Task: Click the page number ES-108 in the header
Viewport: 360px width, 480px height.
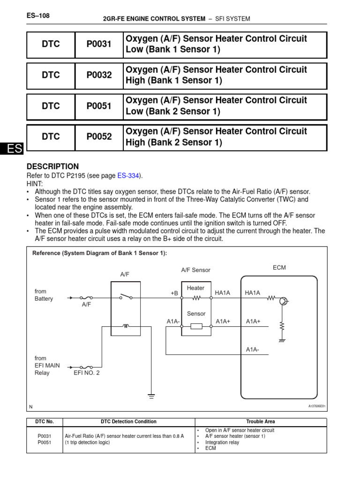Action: click(38, 16)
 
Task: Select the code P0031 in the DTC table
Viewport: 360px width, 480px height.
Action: click(99, 45)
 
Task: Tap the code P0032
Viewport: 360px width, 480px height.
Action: click(99, 75)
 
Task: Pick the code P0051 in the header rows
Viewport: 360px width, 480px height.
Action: click(99, 106)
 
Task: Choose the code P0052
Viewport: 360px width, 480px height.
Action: click(99, 137)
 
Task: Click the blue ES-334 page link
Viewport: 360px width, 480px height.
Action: click(129, 176)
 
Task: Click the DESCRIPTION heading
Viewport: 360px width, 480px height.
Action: click(53, 166)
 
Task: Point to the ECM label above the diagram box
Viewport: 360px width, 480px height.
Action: click(279, 268)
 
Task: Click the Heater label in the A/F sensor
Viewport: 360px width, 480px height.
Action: click(195, 288)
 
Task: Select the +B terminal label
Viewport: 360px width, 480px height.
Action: click(174, 293)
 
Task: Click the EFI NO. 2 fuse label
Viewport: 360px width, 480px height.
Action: click(87, 373)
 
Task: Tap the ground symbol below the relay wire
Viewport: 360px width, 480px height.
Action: click(151, 397)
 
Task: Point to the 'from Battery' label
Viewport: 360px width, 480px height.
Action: click(44, 295)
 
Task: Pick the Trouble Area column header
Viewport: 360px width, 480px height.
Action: click(261, 421)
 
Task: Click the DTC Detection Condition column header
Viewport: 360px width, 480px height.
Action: click(128, 421)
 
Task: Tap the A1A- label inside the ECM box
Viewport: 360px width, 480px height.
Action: click(253, 350)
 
